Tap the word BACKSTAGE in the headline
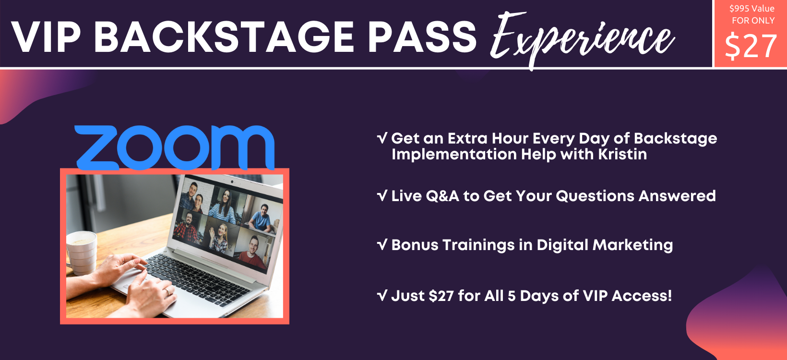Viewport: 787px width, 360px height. [x=224, y=37]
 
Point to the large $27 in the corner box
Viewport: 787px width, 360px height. [x=751, y=47]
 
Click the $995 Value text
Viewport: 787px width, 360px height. [x=751, y=9]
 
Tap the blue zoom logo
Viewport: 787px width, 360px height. [x=174, y=147]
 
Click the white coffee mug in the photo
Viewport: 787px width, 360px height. [x=82, y=252]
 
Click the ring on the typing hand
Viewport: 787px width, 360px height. [x=167, y=291]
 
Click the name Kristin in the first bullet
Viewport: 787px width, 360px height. [x=622, y=155]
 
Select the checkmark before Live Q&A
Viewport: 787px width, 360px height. [x=382, y=196]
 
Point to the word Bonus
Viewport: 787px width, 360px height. [x=415, y=245]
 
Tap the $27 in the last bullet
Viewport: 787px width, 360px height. [x=441, y=296]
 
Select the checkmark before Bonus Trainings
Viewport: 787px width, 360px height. [x=382, y=245]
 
